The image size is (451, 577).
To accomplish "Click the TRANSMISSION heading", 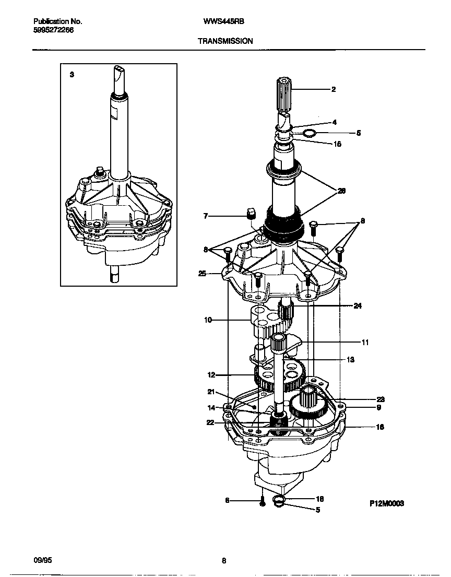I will click(225, 40).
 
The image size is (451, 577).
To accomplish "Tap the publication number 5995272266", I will click(53, 30).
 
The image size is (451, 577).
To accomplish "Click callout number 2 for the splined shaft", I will click(334, 89).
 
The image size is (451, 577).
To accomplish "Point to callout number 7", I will click(206, 215).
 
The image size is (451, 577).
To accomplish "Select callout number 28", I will click(342, 191).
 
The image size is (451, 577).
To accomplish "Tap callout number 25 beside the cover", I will click(203, 273).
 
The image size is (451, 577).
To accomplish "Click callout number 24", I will click(357, 306).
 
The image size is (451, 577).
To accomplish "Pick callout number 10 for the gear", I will click(208, 320).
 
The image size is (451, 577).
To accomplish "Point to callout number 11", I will click(365, 343).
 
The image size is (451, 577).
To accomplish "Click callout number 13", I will click(350, 360).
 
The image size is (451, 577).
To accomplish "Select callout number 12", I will click(211, 375).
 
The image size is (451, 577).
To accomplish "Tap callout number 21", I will click(211, 392).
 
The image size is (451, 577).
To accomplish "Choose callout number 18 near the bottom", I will click(320, 499).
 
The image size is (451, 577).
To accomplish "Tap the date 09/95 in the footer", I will click(43, 560).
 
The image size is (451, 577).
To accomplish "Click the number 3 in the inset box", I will click(72, 75).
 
